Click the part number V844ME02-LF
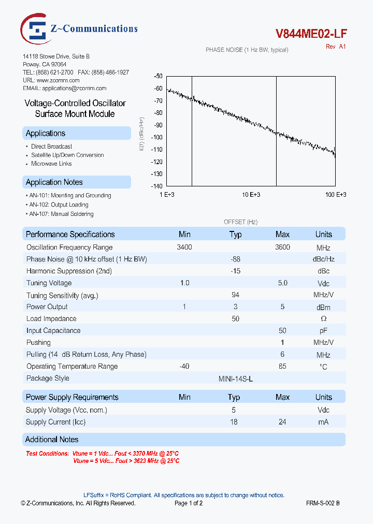(x=311, y=34)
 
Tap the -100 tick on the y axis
(x=156, y=137)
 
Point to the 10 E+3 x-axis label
(x=251, y=195)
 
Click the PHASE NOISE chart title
(x=247, y=50)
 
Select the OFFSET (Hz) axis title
(x=240, y=222)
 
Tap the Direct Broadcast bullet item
(x=51, y=147)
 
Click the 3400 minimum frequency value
(x=184, y=248)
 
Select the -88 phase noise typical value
(x=235, y=259)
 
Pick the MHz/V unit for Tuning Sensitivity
(x=323, y=295)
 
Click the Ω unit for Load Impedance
(x=323, y=319)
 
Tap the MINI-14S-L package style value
(x=236, y=379)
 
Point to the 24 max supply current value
(x=282, y=422)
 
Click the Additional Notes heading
(x=52, y=440)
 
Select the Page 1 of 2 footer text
(x=189, y=503)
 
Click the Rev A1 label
(x=335, y=47)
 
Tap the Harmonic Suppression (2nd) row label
(x=69, y=271)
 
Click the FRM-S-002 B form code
(x=323, y=503)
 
